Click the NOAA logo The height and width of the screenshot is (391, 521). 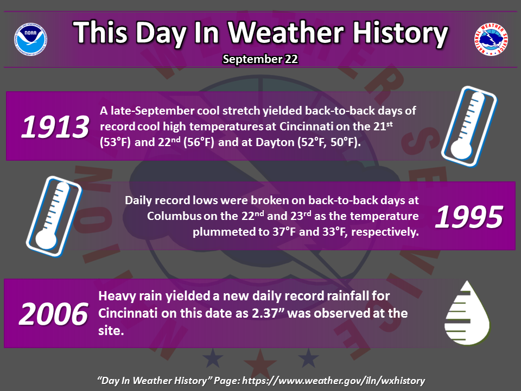coord(30,39)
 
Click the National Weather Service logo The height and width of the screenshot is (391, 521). coord(491,39)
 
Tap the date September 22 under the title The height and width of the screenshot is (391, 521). coord(260,59)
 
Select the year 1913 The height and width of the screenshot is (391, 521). coord(55,127)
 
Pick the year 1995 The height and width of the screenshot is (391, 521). coord(469,217)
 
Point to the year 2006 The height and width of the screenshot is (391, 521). coord(54,314)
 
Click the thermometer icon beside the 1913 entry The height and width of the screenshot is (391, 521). coord(469,127)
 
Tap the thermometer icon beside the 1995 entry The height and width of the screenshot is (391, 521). coord(54,217)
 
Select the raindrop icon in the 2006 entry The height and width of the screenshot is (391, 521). coord(467,313)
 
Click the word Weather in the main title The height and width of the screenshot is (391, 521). coord(286,32)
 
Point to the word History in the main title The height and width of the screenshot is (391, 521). coord(401,33)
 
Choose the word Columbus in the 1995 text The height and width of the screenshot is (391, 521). coord(174,216)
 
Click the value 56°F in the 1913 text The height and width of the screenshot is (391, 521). coord(199,142)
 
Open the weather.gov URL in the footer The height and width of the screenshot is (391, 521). coord(334,381)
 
